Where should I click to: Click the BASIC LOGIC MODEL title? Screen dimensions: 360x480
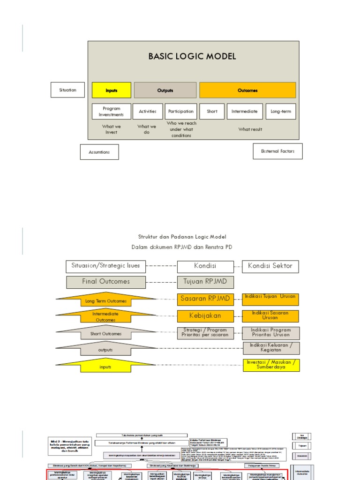192,57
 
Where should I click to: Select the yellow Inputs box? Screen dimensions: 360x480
111,90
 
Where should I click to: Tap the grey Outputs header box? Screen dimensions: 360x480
165,90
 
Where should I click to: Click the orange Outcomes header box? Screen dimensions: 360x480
247,90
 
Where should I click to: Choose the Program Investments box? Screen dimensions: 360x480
111,112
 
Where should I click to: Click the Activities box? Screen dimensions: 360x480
148,112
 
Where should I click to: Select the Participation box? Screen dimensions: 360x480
181,112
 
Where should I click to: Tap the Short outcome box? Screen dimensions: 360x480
212,112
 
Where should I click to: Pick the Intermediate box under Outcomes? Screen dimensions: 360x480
244,112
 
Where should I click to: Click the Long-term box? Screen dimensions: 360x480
281,112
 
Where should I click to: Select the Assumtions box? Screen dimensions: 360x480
99,152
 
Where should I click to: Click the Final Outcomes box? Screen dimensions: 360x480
106,282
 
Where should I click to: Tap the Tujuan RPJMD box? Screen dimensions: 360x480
205,282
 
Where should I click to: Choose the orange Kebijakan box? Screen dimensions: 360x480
205,315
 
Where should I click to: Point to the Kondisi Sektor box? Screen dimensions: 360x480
270,266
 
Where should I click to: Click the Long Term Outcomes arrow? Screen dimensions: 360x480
106,300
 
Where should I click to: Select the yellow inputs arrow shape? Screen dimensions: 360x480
106,367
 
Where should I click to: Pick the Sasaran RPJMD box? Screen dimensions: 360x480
205,298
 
